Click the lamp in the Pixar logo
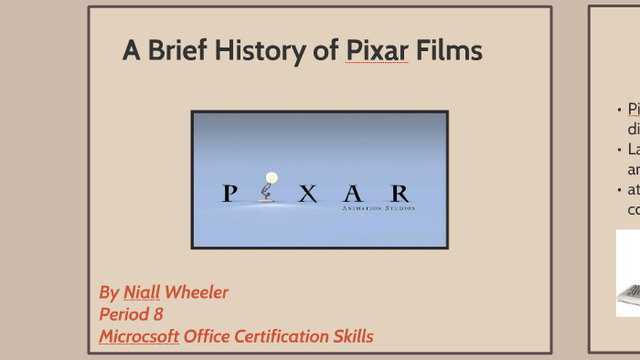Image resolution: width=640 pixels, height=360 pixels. tap(268, 188)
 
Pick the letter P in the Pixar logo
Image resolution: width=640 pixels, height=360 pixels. tap(230, 194)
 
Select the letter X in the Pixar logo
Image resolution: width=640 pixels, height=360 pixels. tap(309, 194)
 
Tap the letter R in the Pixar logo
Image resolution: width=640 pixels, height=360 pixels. tap(399, 194)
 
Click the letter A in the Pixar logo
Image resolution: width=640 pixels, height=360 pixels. tap(353, 194)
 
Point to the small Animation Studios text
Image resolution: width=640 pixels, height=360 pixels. tap(378, 208)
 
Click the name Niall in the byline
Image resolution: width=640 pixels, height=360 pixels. tap(142, 293)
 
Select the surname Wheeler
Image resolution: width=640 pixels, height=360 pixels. tap(197, 293)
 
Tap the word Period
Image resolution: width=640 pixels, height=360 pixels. tap(124, 315)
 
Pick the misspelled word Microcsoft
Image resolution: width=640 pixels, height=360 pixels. tap(139, 337)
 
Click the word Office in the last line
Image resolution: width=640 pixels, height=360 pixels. tap(207, 337)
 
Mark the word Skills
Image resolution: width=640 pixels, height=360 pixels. tap(351, 337)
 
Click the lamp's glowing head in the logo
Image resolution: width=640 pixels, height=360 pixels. tap(270, 177)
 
